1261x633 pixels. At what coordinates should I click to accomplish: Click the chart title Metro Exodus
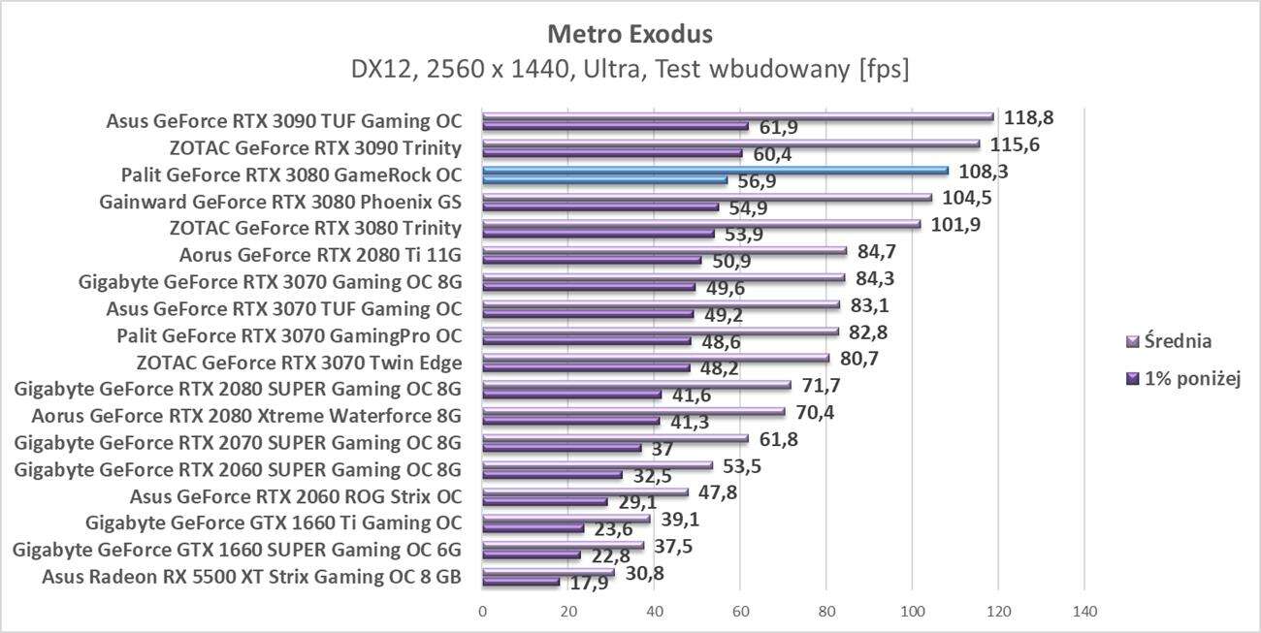coord(630,34)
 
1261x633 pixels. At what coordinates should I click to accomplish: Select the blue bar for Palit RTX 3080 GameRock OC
coord(715,171)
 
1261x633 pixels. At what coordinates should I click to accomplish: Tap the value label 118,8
coord(1029,117)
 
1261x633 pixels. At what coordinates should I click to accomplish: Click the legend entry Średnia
coord(1178,341)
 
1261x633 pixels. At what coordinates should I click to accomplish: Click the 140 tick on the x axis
coord(1084,612)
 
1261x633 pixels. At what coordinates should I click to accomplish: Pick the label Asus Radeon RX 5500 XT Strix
coord(251,578)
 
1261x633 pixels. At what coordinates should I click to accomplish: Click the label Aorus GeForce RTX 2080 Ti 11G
coord(320,256)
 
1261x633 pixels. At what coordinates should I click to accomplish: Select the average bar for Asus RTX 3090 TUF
coord(737,116)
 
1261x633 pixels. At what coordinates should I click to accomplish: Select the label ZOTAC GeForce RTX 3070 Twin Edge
coord(299,364)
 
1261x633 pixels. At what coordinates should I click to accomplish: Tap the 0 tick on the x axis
coord(482,612)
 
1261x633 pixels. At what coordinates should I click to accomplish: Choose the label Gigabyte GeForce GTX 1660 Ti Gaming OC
coord(273,524)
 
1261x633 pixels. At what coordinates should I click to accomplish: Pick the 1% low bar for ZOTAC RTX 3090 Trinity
coord(611,153)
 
